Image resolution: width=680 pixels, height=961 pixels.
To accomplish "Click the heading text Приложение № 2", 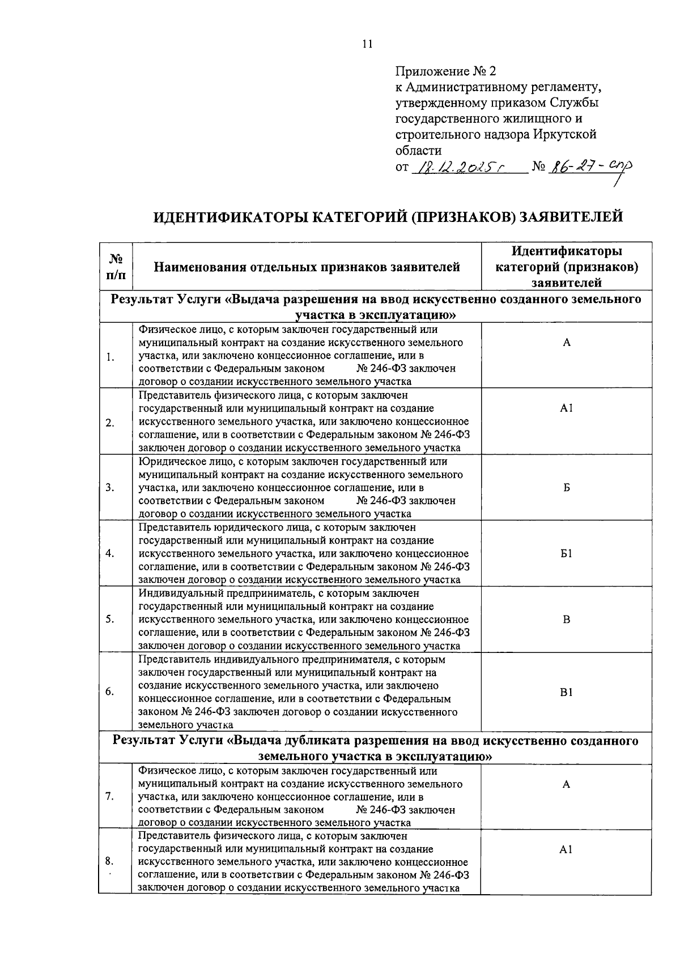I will coord(445,71).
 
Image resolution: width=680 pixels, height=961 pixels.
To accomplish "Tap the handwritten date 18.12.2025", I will coord(459,167).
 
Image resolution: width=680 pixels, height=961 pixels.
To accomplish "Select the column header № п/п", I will coord(116,267).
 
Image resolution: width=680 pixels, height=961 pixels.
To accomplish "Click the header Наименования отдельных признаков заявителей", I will coord(307,267).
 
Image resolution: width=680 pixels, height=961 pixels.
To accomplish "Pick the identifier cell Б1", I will coord(566,553).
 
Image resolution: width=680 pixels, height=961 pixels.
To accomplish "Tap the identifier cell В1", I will coord(566,692).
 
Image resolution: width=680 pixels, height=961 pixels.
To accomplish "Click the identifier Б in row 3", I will coord(566,488).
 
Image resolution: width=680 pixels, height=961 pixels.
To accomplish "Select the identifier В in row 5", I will coord(566,620).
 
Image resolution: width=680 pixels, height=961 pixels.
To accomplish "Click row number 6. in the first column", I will coord(110,692).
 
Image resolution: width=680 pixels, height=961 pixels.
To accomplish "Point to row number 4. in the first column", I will coord(110,553).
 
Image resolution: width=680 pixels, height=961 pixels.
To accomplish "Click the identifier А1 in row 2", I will coord(566,408).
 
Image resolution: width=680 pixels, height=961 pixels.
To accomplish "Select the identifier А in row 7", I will coord(566,784).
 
